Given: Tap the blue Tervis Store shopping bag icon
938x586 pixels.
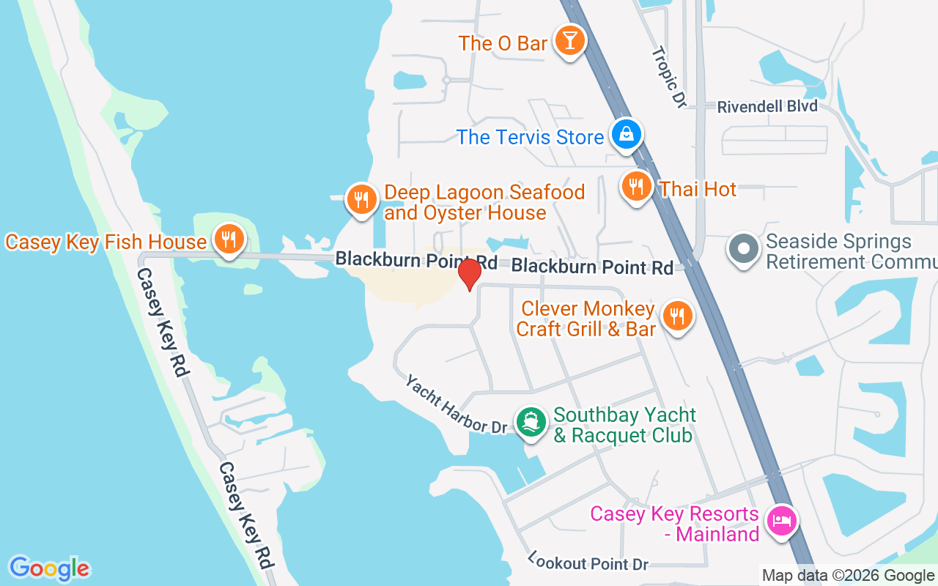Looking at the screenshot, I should (627, 134).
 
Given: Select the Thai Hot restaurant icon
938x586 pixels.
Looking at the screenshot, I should (636, 186).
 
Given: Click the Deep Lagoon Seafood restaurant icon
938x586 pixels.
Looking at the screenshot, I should (361, 198).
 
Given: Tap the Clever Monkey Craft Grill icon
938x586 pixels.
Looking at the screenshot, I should (677, 316).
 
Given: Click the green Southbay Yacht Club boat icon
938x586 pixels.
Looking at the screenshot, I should (531, 422).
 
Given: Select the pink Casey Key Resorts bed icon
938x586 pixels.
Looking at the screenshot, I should (781, 521).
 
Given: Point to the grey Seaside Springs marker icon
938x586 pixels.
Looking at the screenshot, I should (744, 248).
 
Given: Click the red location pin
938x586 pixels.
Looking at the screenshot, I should (469, 274).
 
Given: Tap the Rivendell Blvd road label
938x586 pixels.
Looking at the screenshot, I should (767, 107).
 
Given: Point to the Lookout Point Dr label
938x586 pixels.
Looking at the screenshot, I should (588, 563).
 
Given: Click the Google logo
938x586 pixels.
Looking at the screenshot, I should (49, 568).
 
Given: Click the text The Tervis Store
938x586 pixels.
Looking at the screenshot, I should (530, 137).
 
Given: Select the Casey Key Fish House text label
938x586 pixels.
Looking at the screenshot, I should (106, 242).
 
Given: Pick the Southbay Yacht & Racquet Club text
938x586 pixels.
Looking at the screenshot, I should (624, 425).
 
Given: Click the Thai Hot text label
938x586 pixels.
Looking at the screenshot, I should (698, 189).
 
